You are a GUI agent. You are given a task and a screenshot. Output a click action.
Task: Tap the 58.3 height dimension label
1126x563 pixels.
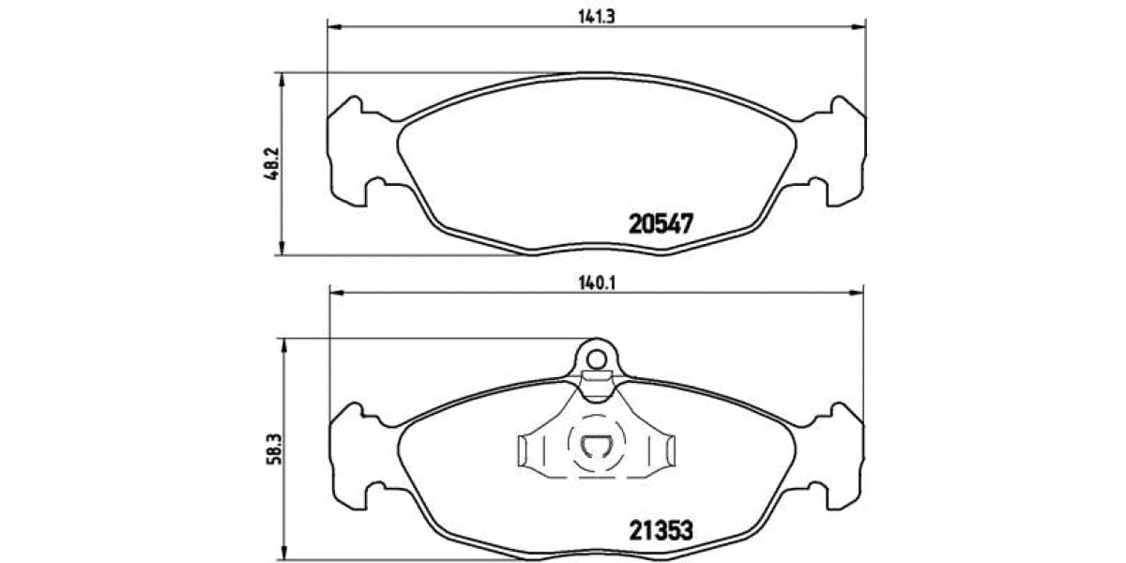pyautogui.click(x=271, y=440)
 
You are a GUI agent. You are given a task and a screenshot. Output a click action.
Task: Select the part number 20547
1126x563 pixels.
pyautogui.click(x=661, y=224)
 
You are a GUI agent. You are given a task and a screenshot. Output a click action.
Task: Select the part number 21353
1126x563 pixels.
pyautogui.click(x=661, y=530)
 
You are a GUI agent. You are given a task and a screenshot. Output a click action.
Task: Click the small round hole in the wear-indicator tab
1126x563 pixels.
pyautogui.click(x=595, y=357)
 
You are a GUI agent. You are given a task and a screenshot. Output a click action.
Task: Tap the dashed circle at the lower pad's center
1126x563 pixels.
pyautogui.click(x=596, y=447)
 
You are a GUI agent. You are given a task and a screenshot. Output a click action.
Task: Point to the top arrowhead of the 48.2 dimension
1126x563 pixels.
pyautogui.click(x=281, y=79)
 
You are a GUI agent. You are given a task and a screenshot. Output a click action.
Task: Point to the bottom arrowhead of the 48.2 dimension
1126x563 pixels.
pyautogui.click(x=281, y=249)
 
